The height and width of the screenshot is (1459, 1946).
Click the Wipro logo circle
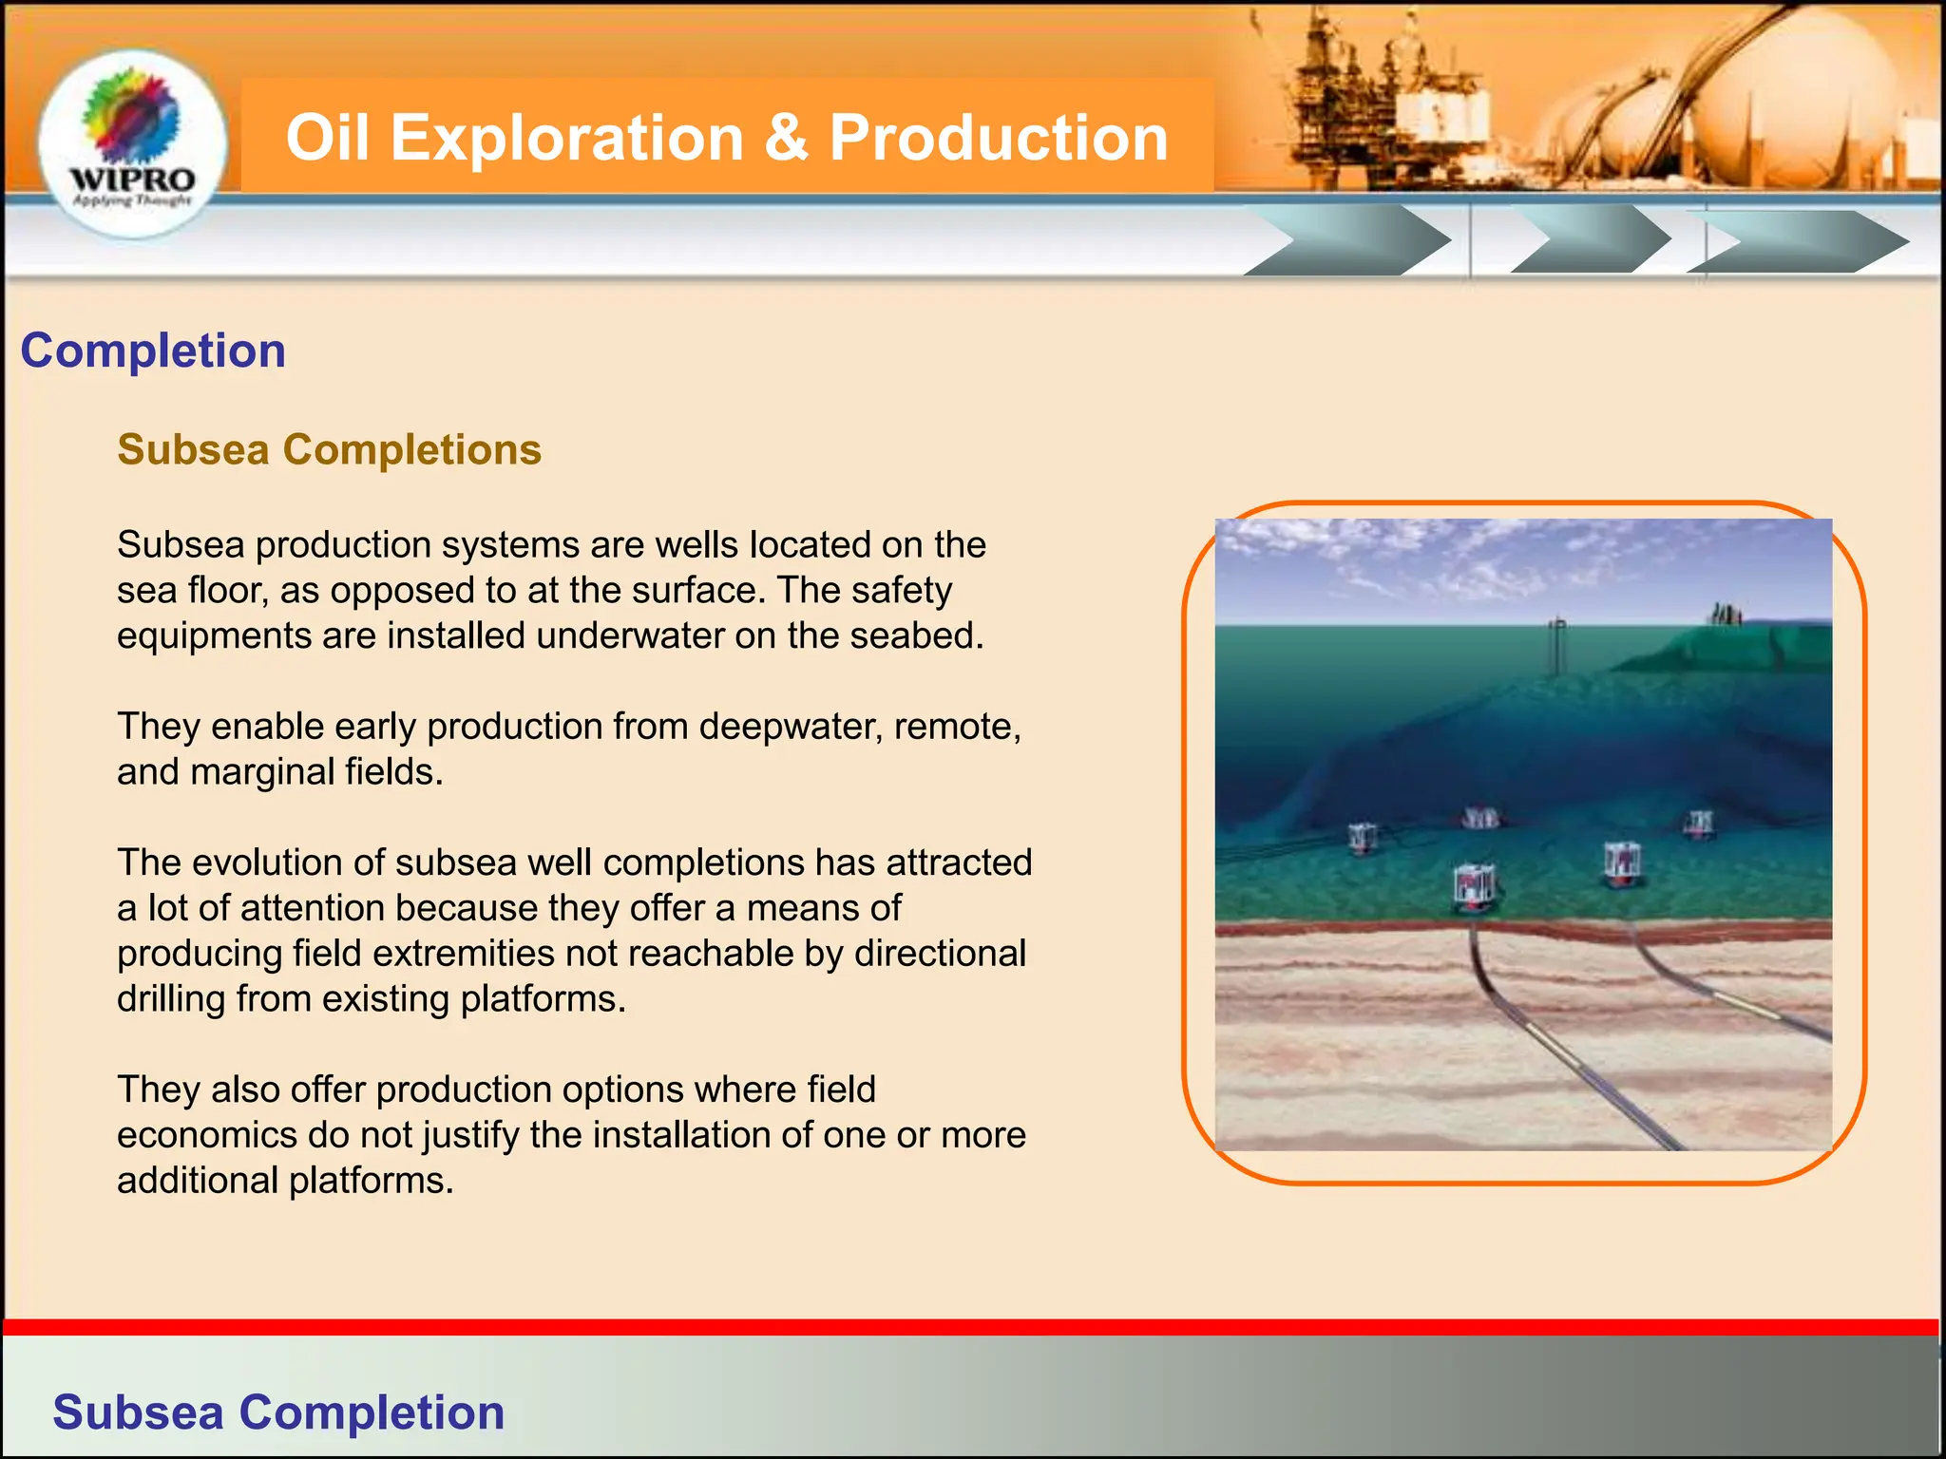point(132,142)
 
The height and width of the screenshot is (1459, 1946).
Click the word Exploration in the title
point(566,138)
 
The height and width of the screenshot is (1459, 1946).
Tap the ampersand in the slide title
point(786,138)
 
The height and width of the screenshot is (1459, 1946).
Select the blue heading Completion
point(153,351)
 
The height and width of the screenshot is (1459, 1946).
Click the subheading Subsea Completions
point(329,449)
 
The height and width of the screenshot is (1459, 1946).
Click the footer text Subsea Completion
point(278,1412)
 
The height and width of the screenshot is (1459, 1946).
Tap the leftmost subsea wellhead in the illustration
point(1363,838)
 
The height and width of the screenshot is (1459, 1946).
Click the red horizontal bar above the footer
point(969,1327)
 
